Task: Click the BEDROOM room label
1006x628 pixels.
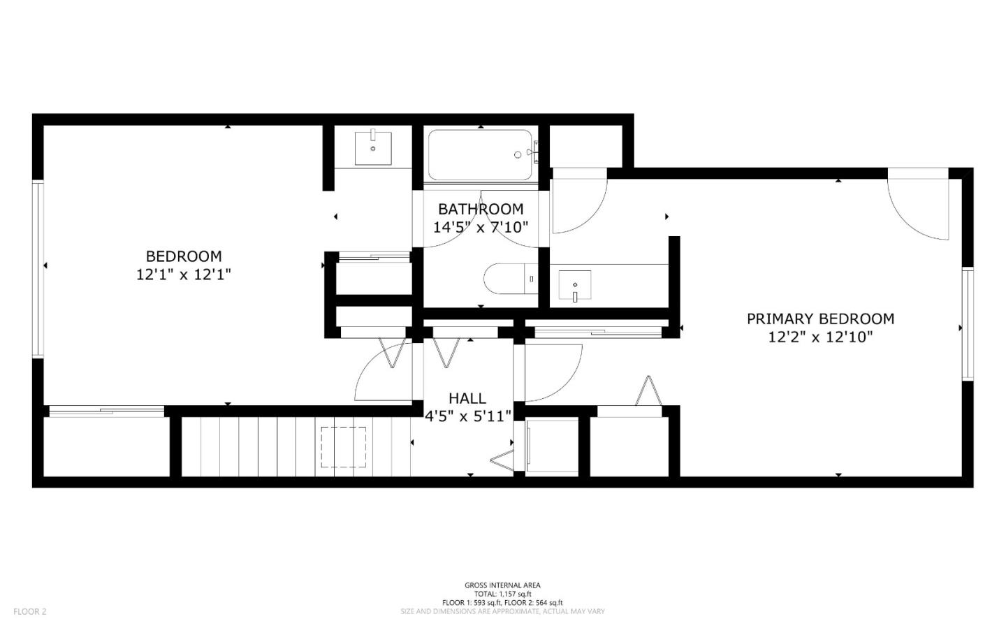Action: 183,256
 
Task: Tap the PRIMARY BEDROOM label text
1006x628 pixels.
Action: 820,319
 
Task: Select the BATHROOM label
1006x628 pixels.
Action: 481,209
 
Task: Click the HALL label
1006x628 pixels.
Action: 467,398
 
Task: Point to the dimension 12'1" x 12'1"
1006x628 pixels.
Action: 183,275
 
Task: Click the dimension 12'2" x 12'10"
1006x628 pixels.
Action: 820,337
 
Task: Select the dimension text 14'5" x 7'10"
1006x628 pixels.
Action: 481,227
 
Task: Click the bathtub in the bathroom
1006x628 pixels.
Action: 482,154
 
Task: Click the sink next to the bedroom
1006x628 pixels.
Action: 373,147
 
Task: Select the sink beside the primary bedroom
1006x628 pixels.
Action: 575,285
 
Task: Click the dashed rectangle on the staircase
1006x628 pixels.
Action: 343,447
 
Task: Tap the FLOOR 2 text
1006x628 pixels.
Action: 29,612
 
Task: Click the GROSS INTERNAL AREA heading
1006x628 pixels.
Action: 502,585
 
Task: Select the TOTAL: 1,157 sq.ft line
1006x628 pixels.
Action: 502,594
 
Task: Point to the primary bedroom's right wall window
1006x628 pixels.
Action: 968,324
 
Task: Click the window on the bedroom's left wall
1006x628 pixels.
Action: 38,269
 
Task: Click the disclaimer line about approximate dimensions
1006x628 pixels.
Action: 502,611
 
